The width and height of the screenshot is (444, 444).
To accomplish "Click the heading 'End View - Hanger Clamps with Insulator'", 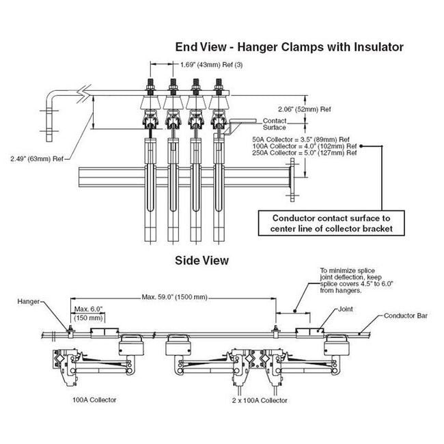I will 290,47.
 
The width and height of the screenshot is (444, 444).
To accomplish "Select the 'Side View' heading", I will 202,260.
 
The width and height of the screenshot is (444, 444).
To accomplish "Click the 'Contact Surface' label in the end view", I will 275,123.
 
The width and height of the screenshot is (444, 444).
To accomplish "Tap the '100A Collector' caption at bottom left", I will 93,399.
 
